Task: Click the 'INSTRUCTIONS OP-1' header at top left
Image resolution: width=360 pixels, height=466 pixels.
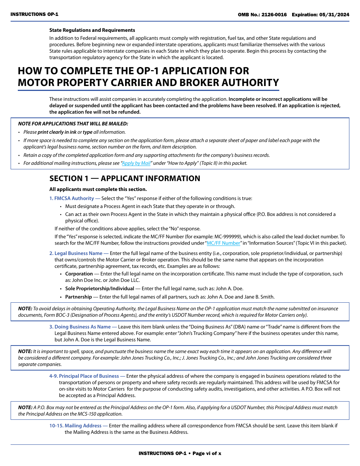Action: point(34,14)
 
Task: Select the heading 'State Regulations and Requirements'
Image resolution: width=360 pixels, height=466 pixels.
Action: point(92,30)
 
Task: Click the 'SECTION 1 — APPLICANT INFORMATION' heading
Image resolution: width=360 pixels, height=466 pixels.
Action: point(125,178)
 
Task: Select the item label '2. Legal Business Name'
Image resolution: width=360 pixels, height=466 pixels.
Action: point(76,253)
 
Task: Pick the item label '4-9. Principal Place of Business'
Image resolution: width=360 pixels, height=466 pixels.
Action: point(84,376)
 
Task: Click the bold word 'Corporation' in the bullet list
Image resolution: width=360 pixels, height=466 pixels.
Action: point(79,274)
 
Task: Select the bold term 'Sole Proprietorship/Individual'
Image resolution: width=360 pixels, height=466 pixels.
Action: point(100,288)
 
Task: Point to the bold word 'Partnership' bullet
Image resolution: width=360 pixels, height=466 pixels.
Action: point(78,297)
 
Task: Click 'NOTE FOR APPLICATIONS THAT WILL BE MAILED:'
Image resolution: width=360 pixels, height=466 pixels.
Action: point(73,124)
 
